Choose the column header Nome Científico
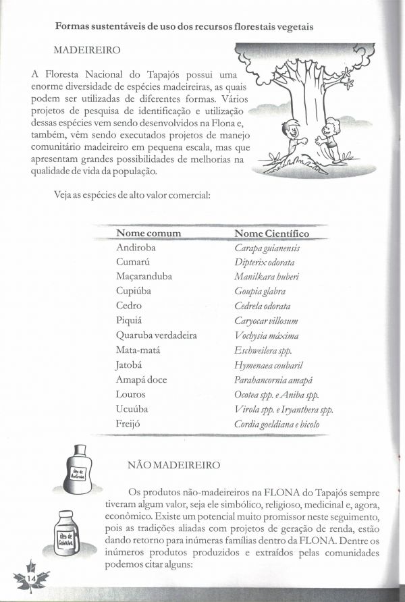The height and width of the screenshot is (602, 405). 271,234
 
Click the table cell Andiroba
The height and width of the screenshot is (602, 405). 136,248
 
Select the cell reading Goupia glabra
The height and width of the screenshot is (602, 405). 260,292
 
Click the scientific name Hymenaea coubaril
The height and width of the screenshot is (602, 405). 268,365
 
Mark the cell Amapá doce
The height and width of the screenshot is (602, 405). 141,379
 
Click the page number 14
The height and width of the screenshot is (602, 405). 30,580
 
